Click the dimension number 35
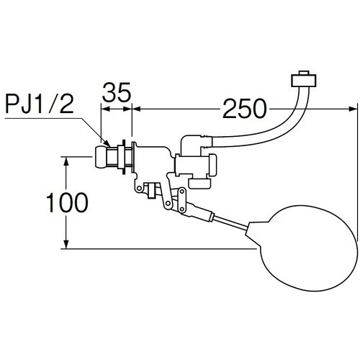point(117,92)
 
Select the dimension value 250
point(245,109)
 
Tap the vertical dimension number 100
point(67,203)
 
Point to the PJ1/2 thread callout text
point(40,104)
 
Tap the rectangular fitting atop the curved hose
point(304,81)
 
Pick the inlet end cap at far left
point(101,157)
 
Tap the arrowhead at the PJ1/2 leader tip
point(107,143)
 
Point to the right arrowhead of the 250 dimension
point(353,109)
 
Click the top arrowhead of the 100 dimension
point(66,161)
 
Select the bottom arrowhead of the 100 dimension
point(66,244)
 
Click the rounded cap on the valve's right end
point(212,166)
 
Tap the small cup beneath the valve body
point(199,184)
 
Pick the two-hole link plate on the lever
point(181,201)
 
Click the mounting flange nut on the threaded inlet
point(124,157)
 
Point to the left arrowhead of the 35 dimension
point(105,109)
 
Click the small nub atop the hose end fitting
point(304,73)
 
